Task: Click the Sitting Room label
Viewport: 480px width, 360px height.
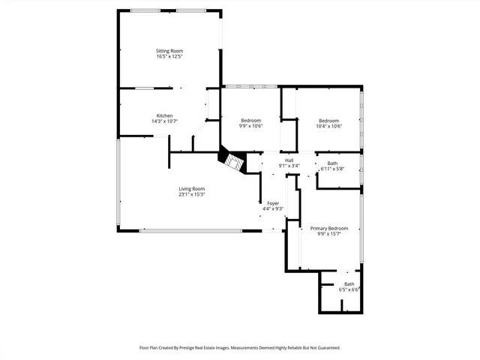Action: tap(169, 51)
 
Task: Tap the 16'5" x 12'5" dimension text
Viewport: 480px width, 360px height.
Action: tap(169, 56)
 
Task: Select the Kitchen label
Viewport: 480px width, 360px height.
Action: tap(164, 115)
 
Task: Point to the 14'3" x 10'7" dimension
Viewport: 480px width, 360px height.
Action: tap(164, 121)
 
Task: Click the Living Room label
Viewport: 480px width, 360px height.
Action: tap(191, 188)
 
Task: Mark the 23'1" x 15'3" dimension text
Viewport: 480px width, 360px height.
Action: tap(191, 194)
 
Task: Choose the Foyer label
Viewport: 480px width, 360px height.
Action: tap(273, 203)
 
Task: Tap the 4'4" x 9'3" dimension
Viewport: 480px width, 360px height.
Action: tap(273, 208)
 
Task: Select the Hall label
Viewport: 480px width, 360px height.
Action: tap(289, 160)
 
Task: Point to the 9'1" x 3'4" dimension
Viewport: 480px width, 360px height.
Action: tap(289, 166)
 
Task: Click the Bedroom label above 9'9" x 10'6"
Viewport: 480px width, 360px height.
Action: tap(250, 121)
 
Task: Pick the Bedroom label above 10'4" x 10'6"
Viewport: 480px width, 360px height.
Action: tap(328, 121)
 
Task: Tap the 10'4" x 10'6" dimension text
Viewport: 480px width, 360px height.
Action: tap(328, 127)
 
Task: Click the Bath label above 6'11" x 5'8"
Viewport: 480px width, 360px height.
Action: tap(332, 163)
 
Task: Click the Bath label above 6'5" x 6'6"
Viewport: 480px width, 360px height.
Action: tap(349, 283)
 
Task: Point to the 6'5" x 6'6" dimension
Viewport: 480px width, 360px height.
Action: tap(349, 289)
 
